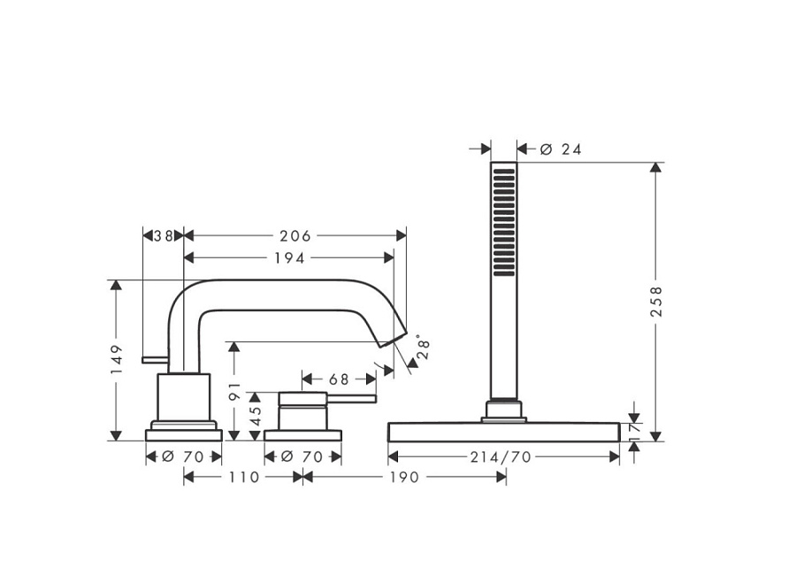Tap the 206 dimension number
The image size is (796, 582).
[295, 235]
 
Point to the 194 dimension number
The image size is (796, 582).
[288, 257]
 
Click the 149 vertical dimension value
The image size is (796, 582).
[116, 358]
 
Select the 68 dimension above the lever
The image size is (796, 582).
[339, 379]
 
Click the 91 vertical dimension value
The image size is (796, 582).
[234, 391]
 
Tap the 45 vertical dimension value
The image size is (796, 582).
[256, 416]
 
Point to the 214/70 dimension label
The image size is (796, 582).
[502, 456]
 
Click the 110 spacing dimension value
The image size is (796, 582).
[243, 478]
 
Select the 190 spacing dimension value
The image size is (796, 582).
[404, 478]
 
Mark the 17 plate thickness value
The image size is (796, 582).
[634, 433]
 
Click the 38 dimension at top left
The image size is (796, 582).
[162, 235]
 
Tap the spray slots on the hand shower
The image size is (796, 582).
[502, 221]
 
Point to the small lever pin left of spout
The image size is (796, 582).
[155, 359]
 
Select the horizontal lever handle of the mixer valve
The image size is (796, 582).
[354, 399]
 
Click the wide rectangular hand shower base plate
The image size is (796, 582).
[503, 432]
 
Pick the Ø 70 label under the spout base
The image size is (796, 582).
[183, 456]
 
